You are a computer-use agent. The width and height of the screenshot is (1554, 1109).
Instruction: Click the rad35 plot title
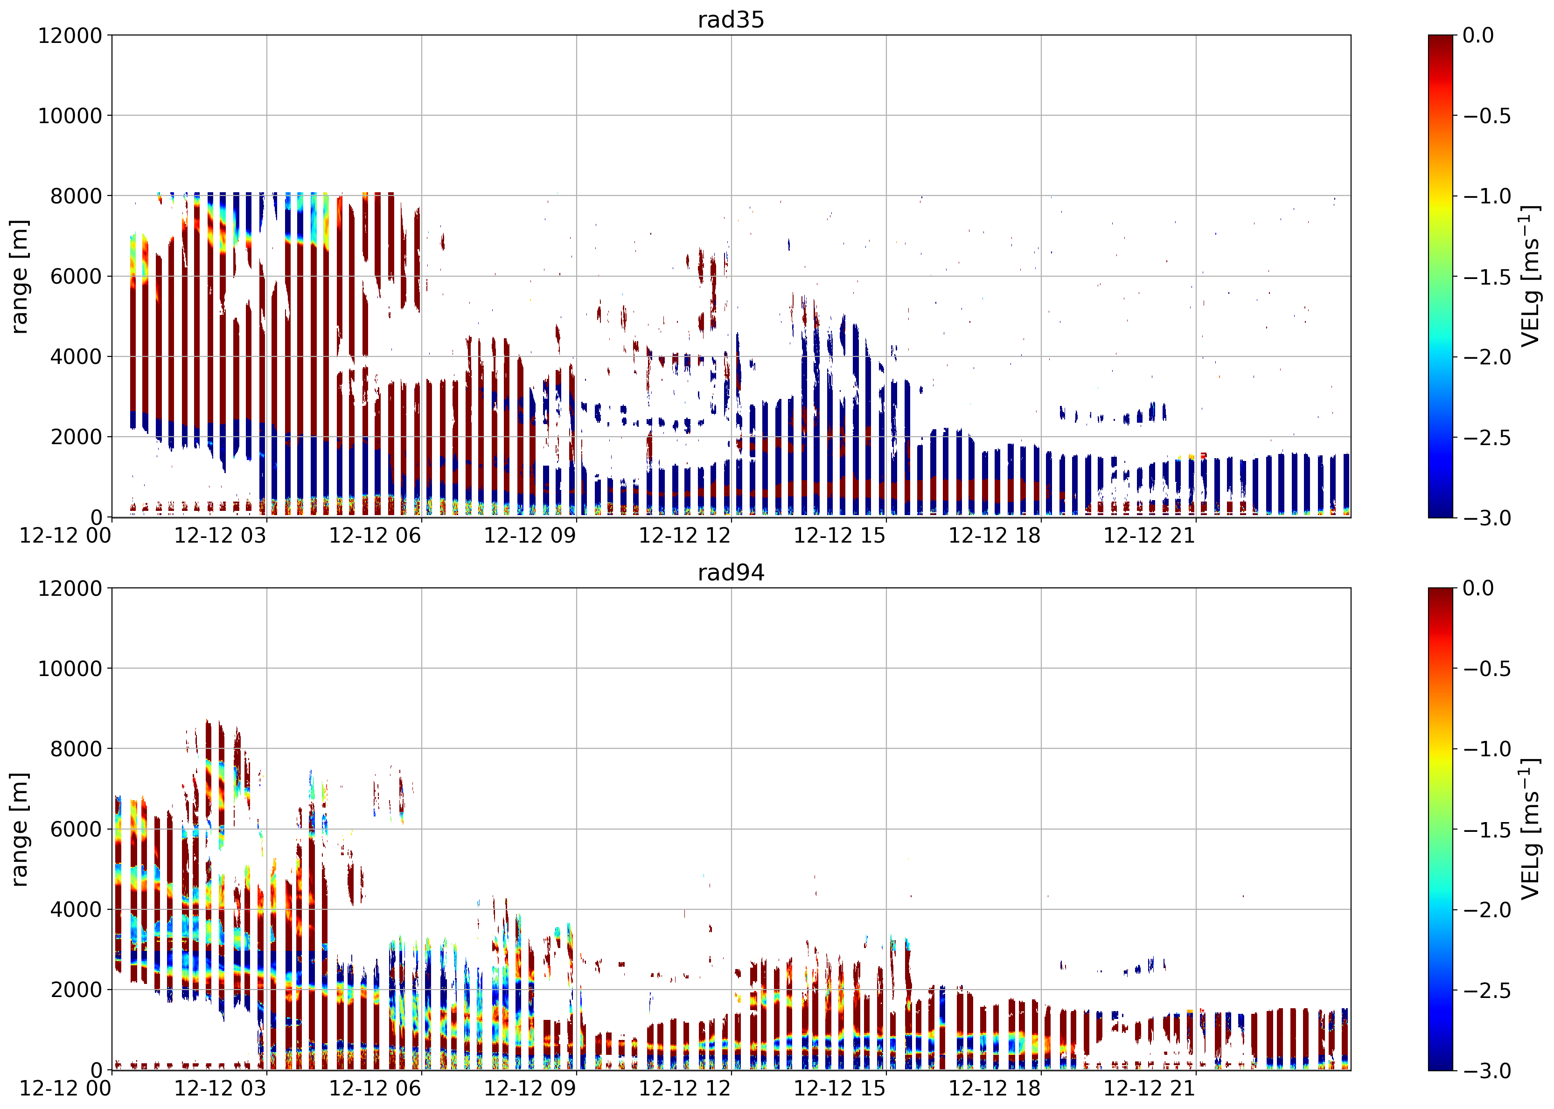(x=731, y=20)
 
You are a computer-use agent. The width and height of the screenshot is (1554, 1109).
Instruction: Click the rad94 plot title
(x=731, y=572)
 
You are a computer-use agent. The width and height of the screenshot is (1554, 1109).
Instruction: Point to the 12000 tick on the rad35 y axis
(x=70, y=35)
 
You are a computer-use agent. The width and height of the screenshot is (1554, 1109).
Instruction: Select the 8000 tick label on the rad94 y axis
(x=77, y=748)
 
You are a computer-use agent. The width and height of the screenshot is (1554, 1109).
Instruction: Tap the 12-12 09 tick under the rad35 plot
(x=530, y=536)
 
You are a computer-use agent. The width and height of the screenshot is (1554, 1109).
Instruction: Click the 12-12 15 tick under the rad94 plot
(x=839, y=1088)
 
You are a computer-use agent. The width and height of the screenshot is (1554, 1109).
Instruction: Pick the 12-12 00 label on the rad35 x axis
(x=65, y=536)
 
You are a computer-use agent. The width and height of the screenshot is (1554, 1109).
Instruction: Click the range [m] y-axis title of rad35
(x=20, y=277)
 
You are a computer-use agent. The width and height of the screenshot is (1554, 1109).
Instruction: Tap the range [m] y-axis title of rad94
(x=20, y=829)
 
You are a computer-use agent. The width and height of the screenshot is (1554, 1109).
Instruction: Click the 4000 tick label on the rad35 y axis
(x=77, y=356)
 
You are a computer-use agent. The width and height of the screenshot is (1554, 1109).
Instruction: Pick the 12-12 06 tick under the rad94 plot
(x=375, y=1088)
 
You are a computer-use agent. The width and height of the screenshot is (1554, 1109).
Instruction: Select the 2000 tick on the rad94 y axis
(x=77, y=990)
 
